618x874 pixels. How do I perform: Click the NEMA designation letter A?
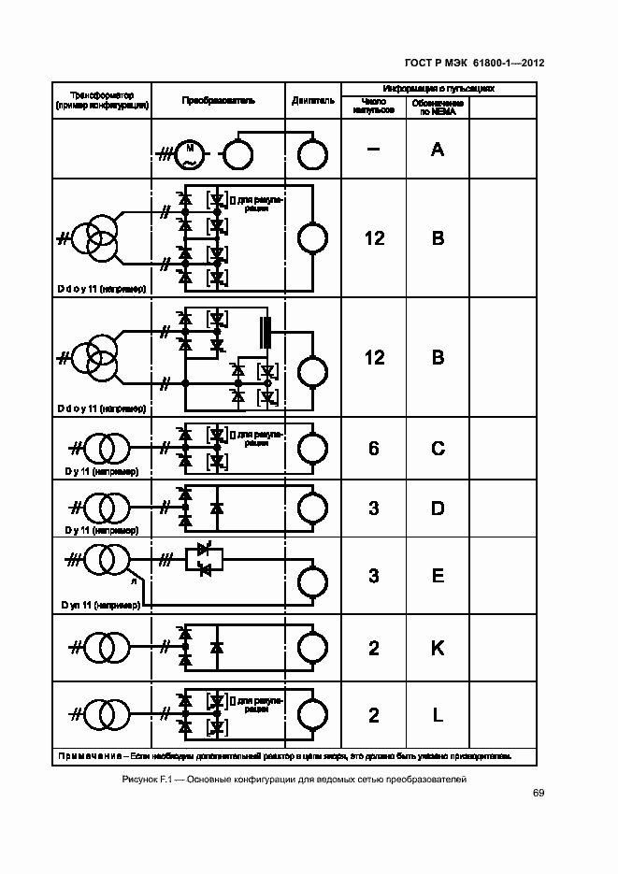click(437, 149)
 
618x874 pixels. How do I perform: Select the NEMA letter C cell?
click(437, 449)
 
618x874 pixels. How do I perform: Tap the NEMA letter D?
click(437, 509)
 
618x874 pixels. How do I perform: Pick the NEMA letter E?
click(437, 576)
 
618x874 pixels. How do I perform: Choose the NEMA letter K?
click(437, 648)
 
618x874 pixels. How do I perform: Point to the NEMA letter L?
click(437, 716)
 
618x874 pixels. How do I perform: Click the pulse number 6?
click(373, 449)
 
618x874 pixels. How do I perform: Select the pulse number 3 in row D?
click(373, 509)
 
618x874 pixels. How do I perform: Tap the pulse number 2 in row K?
click(373, 648)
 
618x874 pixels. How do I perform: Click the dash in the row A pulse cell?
click(373, 149)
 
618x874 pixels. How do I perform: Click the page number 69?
click(539, 794)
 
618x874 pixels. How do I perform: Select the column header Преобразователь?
click(218, 100)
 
